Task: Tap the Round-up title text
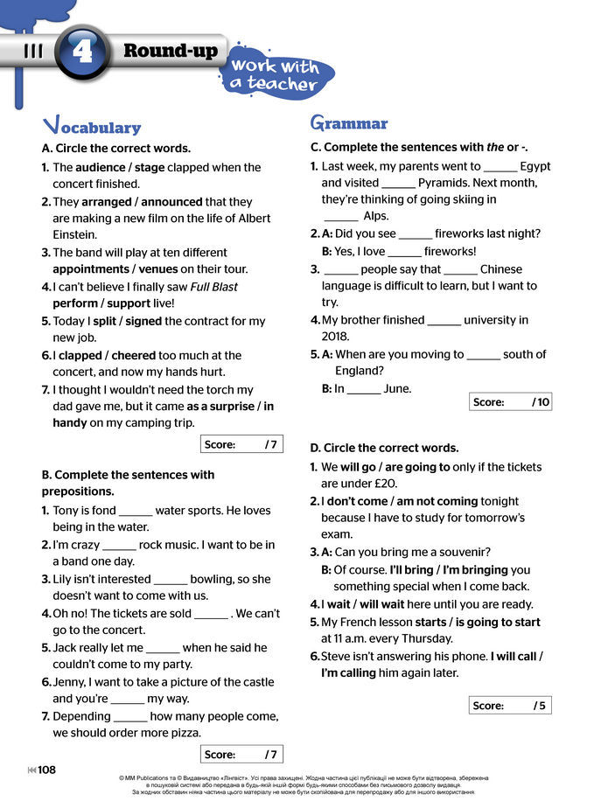pos(170,50)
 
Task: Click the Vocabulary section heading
pos(92,126)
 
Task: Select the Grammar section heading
pos(349,123)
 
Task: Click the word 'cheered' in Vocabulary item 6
pos(134,355)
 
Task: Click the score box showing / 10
pos(511,402)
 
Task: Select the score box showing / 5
pos(511,706)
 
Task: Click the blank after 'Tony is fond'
pos(135,512)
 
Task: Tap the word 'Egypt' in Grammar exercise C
pos(535,166)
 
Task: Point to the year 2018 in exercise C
pos(335,337)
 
